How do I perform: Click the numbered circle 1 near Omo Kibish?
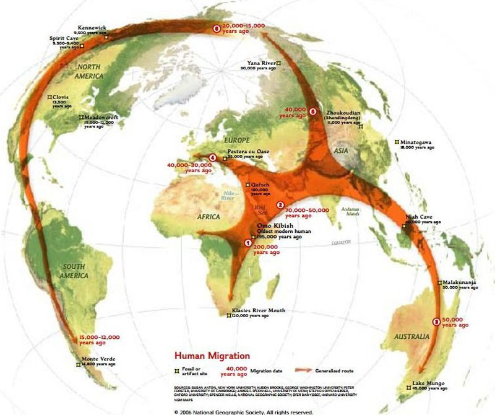pyautogui.click(x=249, y=243)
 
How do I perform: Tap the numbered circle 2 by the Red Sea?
pyautogui.click(x=280, y=205)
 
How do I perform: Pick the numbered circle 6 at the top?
pyautogui.click(x=216, y=28)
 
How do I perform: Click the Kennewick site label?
pyautogui.click(x=91, y=28)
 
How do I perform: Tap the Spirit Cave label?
pyautogui.click(x=62, y=38)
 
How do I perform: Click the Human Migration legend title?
pyautogui.click(x=212, y=356)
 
